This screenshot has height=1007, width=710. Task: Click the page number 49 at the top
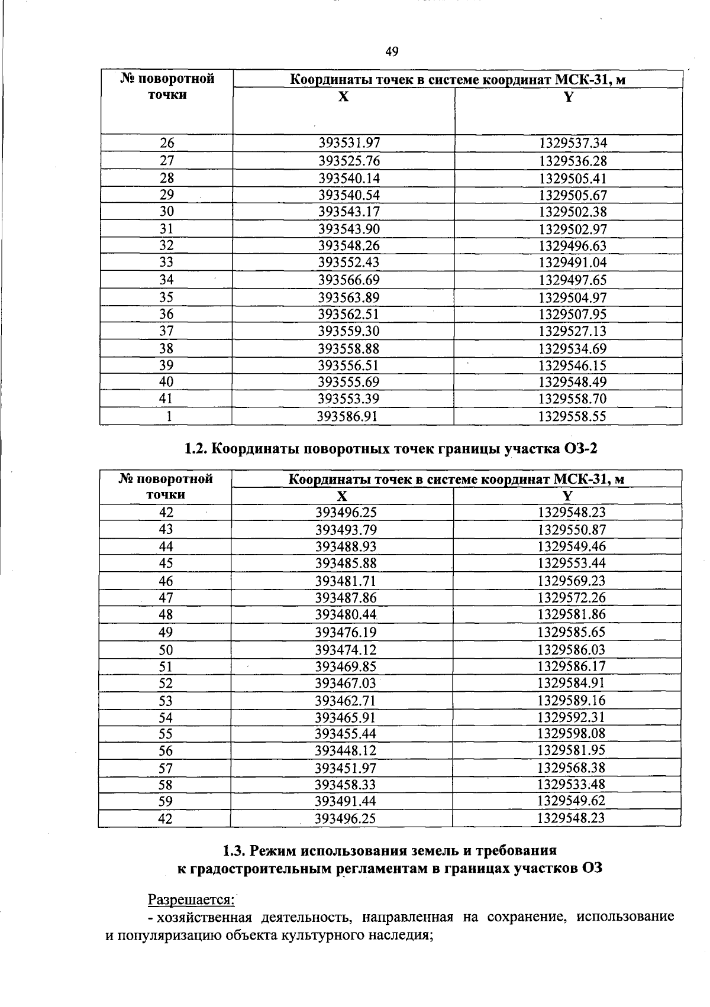pos(392,53)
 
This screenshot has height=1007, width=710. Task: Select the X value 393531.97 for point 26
pos(349,143)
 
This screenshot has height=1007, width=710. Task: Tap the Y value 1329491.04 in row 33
pos(573,263)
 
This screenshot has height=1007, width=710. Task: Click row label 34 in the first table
pos(166,280)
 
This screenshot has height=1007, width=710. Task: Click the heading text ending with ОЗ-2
pos(390,449)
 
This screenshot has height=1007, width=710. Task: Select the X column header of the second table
pos(342,496)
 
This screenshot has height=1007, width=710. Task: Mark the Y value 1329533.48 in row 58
pos(572,785)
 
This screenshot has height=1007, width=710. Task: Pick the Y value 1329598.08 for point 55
pos(572,734)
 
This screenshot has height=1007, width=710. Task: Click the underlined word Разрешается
pos(191,899)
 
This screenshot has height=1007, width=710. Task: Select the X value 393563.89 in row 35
pos(348,297)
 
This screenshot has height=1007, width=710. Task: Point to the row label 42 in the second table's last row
pos(166,819)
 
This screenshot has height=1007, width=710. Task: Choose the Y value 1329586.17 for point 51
pos(572,666)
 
